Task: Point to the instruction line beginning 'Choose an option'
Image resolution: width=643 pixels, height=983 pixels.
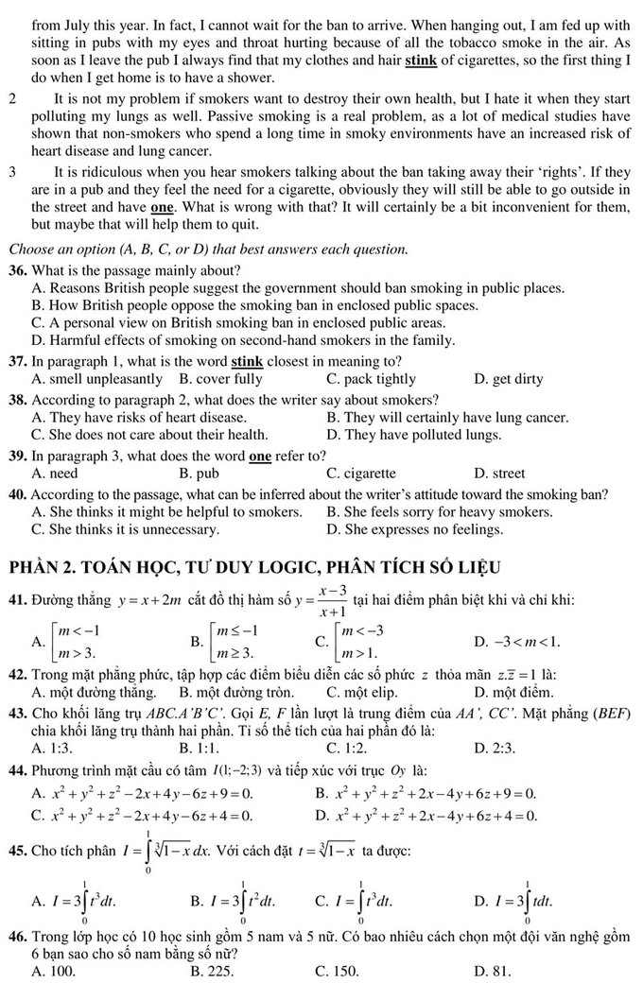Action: [x=208, y=250]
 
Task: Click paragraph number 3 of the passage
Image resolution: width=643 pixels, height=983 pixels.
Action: [x=11, y=172]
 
